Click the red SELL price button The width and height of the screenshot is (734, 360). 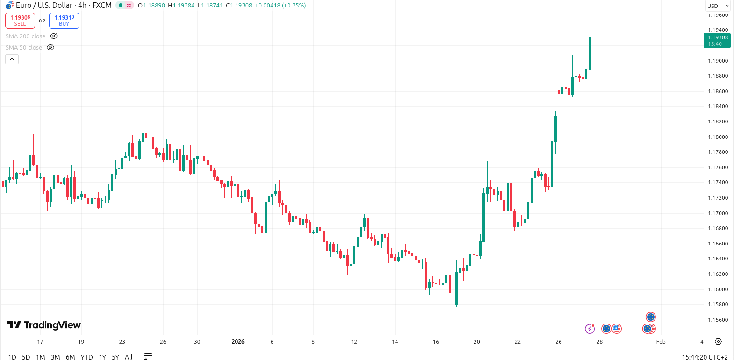[x=20, y=21]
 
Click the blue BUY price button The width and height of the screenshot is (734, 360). [x=64, y=21]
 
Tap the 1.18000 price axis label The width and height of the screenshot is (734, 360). [x=718, y=137]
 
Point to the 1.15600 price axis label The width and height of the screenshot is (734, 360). [x=718, y=320]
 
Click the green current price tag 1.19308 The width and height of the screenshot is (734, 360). [x=717, y=41]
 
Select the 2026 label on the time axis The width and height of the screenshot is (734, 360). [x=238, y=342]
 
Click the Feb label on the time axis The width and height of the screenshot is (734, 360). [x=661, y=342]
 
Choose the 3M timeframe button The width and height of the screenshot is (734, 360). [x=55, y=357]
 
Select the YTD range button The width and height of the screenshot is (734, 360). [x=86, y=357]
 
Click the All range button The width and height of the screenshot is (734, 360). [x=129, y=357]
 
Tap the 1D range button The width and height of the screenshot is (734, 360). [x=12, y=357]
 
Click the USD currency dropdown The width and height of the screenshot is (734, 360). [x=718, y=6]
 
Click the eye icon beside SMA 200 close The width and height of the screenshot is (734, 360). [x=54, y=36]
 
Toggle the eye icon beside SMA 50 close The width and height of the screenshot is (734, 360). [x=50, y=47]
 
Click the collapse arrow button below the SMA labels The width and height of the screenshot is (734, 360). [x=12, y=59]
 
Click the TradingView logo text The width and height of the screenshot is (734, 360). [x=44, y=325]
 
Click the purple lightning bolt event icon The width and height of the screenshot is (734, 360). [x=590, y=329]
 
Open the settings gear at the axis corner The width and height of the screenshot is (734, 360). [x=718, y=342]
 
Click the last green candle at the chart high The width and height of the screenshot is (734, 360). [x=590, y=53]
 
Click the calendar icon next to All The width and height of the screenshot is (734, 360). [x=148, y=357]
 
